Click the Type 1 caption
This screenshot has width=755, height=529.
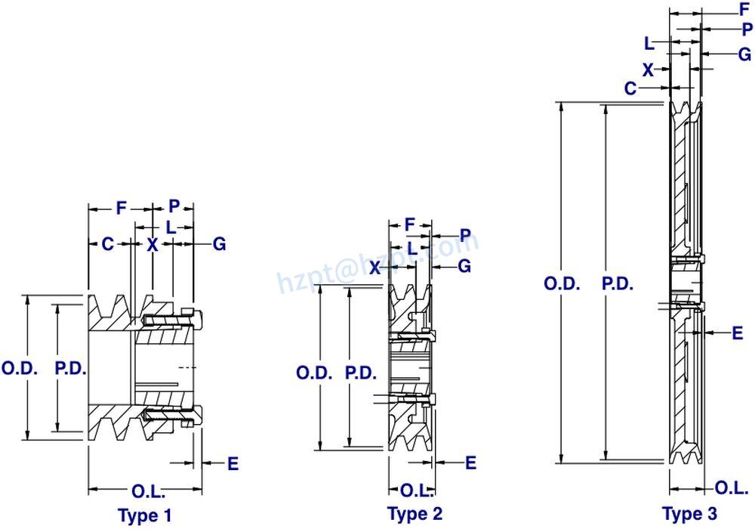pos(145,515)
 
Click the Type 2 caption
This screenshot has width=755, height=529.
pos(414,514)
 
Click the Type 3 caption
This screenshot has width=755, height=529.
pos(689,514)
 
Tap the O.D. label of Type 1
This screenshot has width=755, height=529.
pos(16,369)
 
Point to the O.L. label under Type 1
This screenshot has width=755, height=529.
pos(148,491)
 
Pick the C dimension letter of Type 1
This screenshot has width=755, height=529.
pos(108,244)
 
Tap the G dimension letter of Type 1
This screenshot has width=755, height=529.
pos(219,244)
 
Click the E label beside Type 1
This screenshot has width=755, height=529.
pos(233,464)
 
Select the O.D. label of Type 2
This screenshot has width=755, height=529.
pos(311,373)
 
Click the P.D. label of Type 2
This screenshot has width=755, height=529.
pos(360,373)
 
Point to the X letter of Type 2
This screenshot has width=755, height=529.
pos(374,267)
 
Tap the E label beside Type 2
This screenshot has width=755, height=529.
pos(471,462)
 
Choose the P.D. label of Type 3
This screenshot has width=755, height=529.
pos(617,284)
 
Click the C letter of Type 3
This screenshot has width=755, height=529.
pos(630,88)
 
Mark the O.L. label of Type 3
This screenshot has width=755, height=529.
pos(731,487)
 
